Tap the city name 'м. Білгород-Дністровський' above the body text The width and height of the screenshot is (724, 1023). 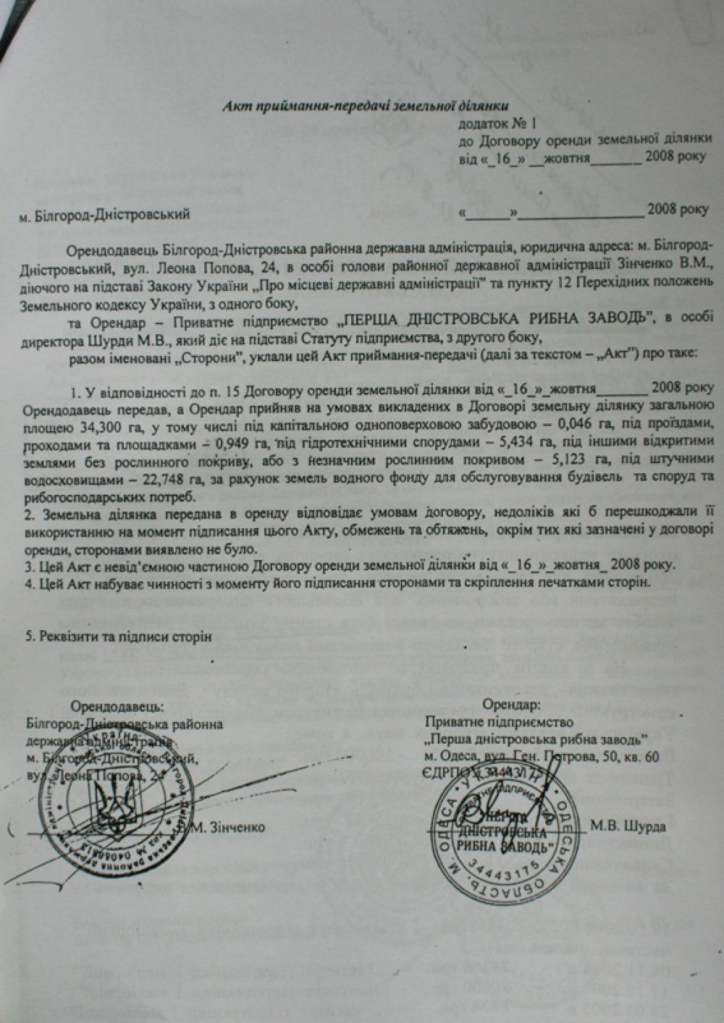click(x=105, y=214)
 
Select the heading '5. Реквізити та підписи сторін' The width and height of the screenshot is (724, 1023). click(x=119, y=637)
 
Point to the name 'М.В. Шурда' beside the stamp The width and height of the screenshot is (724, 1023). click(x=628, y=826)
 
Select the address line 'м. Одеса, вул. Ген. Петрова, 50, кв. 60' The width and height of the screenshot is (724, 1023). click(x=542, y=757)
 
